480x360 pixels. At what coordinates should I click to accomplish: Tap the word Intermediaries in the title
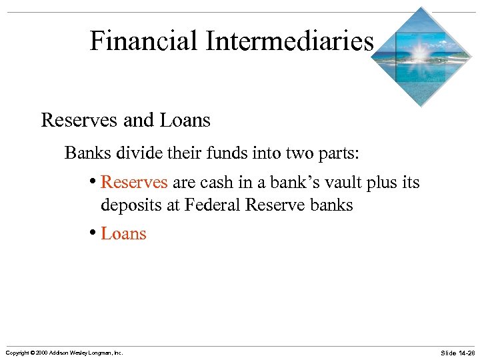(x=289, y=41)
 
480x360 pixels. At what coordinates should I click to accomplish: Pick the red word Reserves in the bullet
(x=134, y=183)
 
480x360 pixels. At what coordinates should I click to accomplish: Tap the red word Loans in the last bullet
(x=123, y=233)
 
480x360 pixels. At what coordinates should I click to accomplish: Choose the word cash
(x=212, y=183)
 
